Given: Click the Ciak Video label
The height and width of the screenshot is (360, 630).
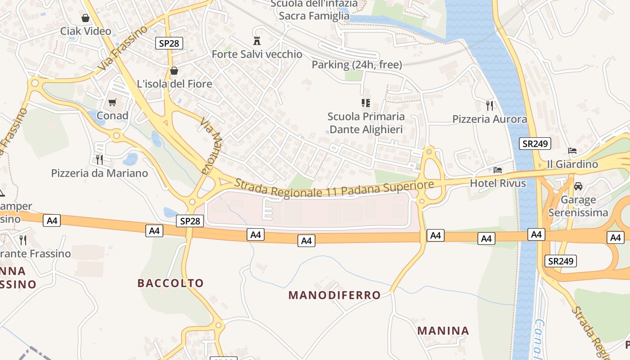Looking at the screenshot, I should [85, 31].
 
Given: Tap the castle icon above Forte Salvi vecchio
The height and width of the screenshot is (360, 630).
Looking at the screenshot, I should [257, 40].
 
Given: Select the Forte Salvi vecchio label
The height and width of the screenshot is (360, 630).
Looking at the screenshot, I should [257, 54].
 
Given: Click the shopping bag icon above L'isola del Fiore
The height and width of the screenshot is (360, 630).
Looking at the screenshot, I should [174, 71].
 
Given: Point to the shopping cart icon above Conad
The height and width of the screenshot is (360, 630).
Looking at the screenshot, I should [112, 103].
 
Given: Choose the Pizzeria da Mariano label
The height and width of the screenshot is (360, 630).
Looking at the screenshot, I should [99, 173].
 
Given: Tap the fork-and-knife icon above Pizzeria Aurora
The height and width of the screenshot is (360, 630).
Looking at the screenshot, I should [490, 106].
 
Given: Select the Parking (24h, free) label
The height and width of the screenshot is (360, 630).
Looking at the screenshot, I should [357, 65].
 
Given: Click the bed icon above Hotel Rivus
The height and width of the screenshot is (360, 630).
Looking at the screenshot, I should [497, 170].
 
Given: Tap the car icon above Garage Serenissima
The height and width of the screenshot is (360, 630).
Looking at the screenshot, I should [578, 186].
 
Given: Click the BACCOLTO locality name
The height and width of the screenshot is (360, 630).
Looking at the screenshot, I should [171, 283].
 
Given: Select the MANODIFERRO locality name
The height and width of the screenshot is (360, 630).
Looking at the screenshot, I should [334, 295].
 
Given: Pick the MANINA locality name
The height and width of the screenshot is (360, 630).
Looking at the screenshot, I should [443, 331].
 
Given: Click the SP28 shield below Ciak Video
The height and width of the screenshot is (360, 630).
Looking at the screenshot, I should [169, 43].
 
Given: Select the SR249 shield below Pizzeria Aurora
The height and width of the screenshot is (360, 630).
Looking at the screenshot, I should [535, 144].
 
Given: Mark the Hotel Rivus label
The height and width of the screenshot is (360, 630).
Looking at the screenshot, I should [498, 183].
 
